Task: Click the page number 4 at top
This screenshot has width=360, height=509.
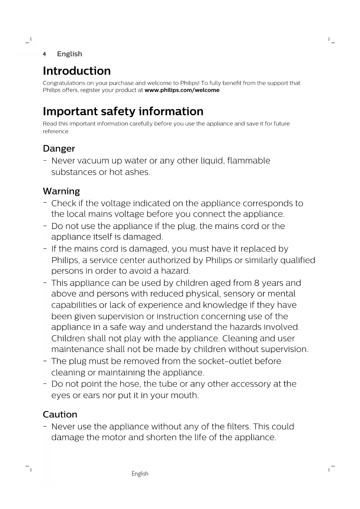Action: [44, 54]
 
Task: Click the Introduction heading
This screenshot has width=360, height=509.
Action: [77, 71]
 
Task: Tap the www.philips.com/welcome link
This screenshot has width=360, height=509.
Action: [182, 90]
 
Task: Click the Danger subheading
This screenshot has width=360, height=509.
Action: [59, 149]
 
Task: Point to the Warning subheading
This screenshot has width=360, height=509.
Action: [61, 191]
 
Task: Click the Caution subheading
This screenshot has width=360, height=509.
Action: [60, 414]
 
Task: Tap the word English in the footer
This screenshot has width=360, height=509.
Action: [140, 474]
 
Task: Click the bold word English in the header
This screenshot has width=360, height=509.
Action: [70, 54]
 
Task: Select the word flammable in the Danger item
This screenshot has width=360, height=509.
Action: [249, 160]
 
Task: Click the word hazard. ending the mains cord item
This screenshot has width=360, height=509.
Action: [176, 271]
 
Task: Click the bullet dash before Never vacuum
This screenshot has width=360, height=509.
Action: [45, 160]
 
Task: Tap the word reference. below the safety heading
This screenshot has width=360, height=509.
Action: [56, 131]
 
